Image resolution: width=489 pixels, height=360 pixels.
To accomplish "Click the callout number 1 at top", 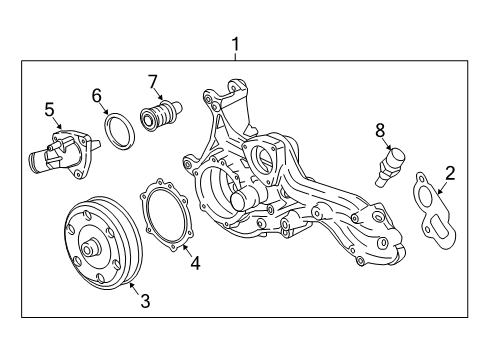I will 236,44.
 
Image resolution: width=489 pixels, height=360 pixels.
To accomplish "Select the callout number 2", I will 449,173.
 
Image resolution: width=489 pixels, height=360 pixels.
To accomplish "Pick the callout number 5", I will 47,108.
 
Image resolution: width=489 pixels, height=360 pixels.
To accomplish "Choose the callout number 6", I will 97,95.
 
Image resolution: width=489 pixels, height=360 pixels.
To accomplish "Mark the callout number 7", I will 153,80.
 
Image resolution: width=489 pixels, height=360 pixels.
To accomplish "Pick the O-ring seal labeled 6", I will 119,128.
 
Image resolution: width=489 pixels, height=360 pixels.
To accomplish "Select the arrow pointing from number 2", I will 444,186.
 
